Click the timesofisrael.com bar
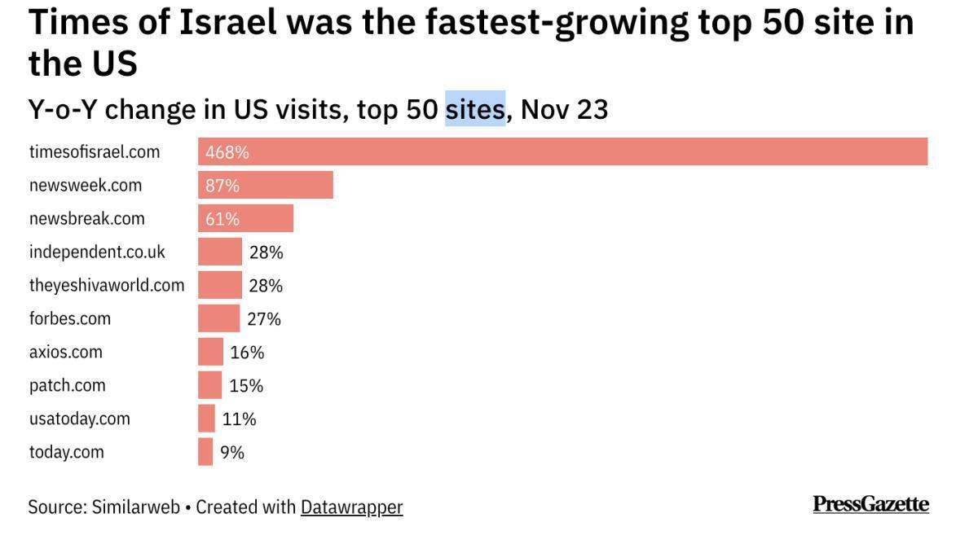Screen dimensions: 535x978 [562, 152]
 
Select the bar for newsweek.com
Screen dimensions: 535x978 [266, 186]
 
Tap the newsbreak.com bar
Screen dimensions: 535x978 [245, 219]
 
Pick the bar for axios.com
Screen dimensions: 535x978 [210, 352]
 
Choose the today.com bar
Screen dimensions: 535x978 [205, 452]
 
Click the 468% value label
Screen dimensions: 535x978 [227, 152]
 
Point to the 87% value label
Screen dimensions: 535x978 [222, 186]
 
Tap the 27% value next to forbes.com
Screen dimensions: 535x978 [264, 319]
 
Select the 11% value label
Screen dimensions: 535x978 [240, 419]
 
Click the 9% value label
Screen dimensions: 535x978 [232, 453]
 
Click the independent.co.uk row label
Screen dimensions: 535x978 [97, 252]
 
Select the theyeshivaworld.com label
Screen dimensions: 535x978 [107, 286]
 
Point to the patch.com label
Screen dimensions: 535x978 [68, 385]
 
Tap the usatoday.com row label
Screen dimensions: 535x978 [80, 419]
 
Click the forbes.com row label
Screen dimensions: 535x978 [70, 319]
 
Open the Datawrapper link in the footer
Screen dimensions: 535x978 [351, 507]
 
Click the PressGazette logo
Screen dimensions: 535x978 [870, 504]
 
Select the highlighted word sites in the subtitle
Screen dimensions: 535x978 [475, 109]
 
